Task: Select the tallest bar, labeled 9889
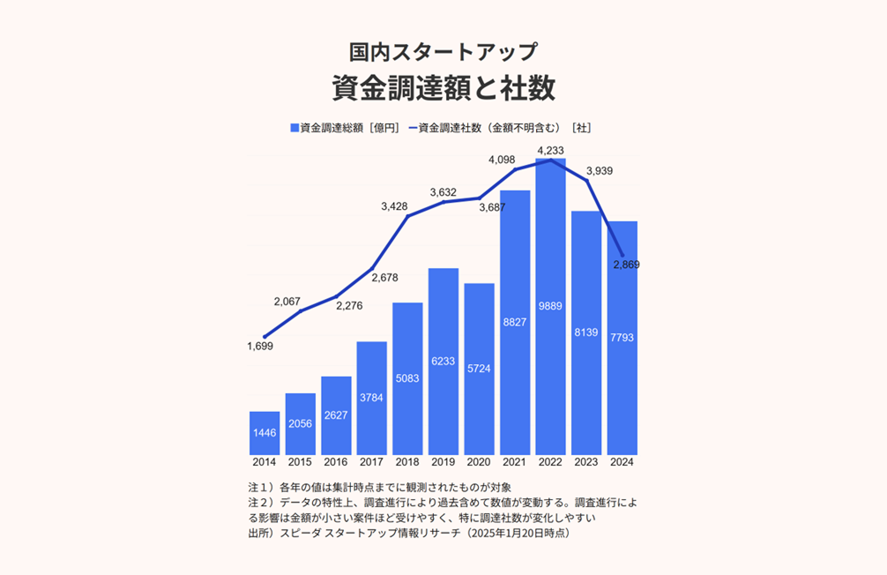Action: [x=550, y=307]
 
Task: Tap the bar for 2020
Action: [x=479, y=369]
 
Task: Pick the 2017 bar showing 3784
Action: [x=371, y=398]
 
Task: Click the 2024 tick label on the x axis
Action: [x=622, y=462]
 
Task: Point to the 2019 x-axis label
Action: [x=443, y=462]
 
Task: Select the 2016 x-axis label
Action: [x=335, y=462]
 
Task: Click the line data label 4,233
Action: [x=550, y=150]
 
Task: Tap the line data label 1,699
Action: [x=260, y=347]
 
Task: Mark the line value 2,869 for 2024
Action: [x=626, y=265]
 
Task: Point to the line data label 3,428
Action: [x=395, y=206]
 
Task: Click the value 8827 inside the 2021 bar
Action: [x=515, y=323]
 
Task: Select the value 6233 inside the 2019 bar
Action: [x=443, y=362]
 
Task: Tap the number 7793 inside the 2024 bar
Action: [x=622, y=338]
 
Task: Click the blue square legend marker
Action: [x=294, y=128]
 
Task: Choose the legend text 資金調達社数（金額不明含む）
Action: [x=481, y=128]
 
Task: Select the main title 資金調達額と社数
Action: [x=443, y=88]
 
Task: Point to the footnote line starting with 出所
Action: [x=410, y=534]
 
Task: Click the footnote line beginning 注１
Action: [x=380, y=487]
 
